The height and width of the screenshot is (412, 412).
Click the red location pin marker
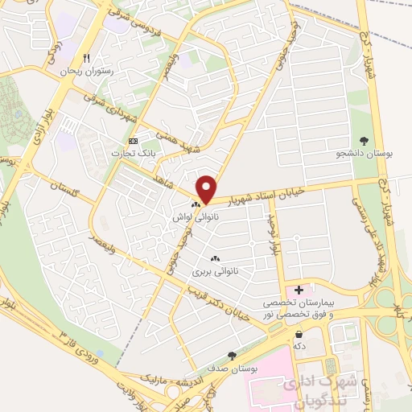[x=207, y=189]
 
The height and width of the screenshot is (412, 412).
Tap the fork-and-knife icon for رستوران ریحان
[x=87, y=59]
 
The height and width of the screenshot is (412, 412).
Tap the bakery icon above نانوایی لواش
[x=196, y=205]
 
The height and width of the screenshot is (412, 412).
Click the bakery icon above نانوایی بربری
[x=215, y=258]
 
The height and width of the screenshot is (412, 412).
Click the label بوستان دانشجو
[x=364, y=154]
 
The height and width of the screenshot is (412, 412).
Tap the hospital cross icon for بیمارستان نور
[x=299, y=290]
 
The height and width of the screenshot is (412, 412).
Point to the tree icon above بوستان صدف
[x=233, y=355]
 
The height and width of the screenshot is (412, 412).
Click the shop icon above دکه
[x=299, y=334]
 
